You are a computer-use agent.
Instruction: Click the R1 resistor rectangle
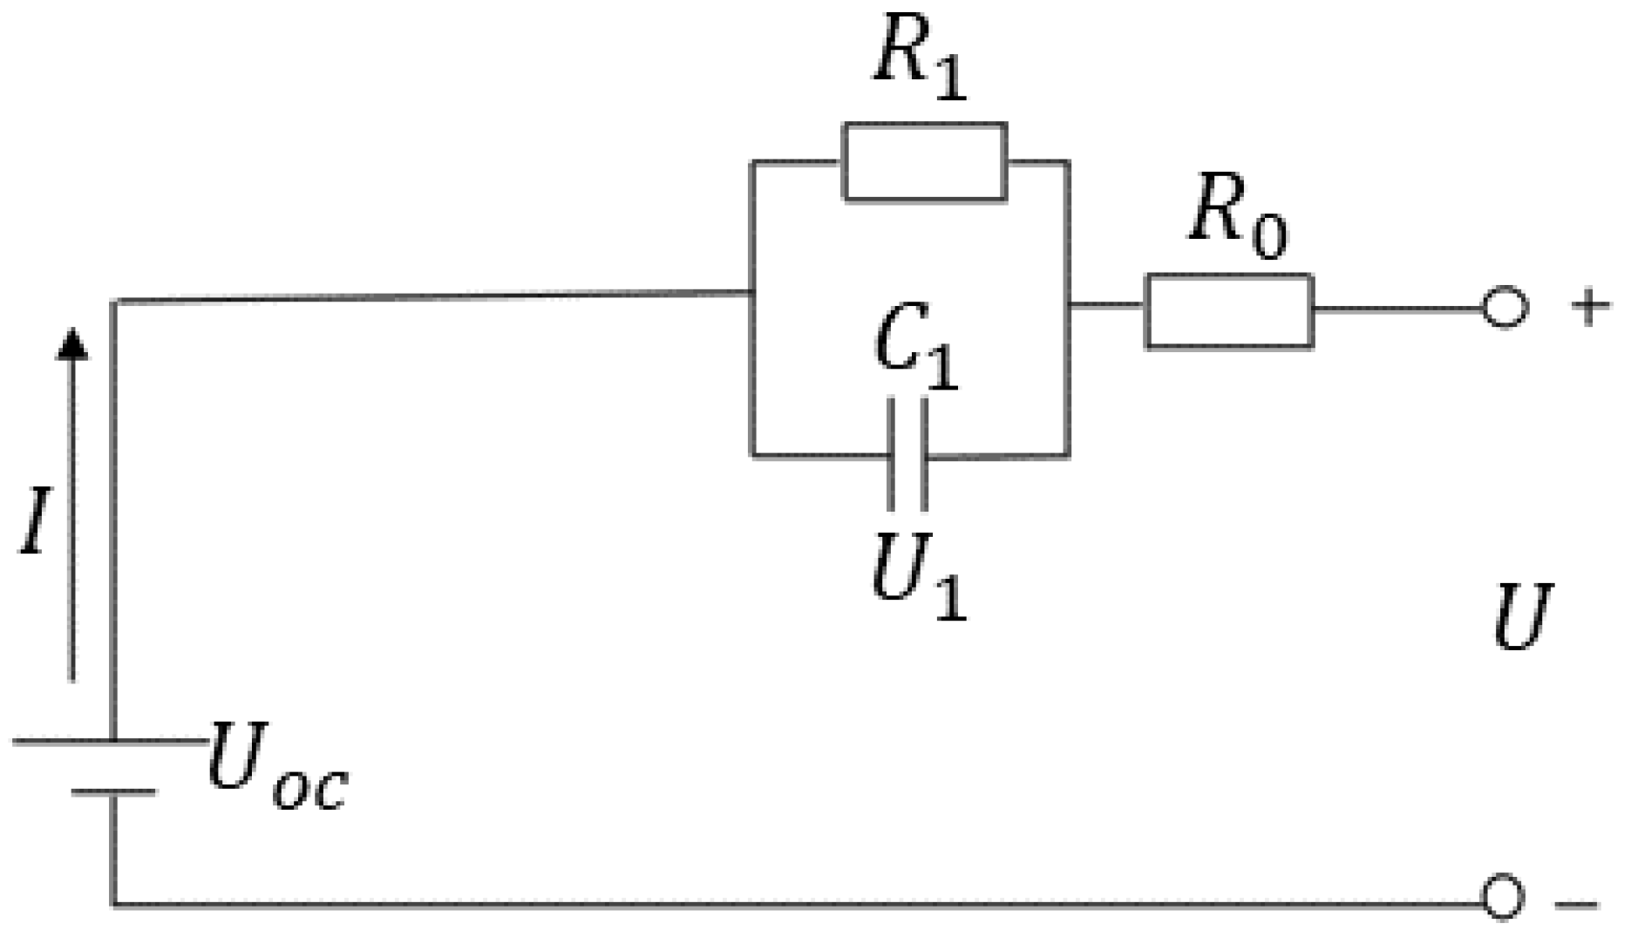pyautogui.click(x=925, y=162)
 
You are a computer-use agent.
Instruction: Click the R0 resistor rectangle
pyautogui.click(x=1228, y=311)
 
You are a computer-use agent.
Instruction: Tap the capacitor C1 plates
pyautogui.click(x=907, y=454)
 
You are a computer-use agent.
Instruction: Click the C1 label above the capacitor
pyautogui.click(x=915, y=350)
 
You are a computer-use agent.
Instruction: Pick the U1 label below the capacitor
pyautogui.click(x=919, y=577)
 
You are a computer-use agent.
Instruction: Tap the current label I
pyautogui.click(x=35, y=522)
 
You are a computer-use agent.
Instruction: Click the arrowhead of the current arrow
pyautogui.click(x=72, y=342)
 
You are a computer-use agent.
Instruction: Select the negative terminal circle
pyautogui.click(x=1503, y=897)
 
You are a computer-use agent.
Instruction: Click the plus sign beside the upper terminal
pyautogui.click(x=1591, y=308)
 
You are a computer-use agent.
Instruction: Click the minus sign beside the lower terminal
pyautogui.click(x=1578, y=904)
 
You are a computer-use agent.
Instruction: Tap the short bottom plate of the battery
pyautogui.click(x=113, y=792)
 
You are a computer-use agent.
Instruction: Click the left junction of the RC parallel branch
pyautogui.click(x=752, y=294)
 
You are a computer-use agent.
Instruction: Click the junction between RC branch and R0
pyautogui.click(x=1069, y=305)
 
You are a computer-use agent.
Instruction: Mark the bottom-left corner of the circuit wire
pyautogui.click(x=113, y=904)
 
